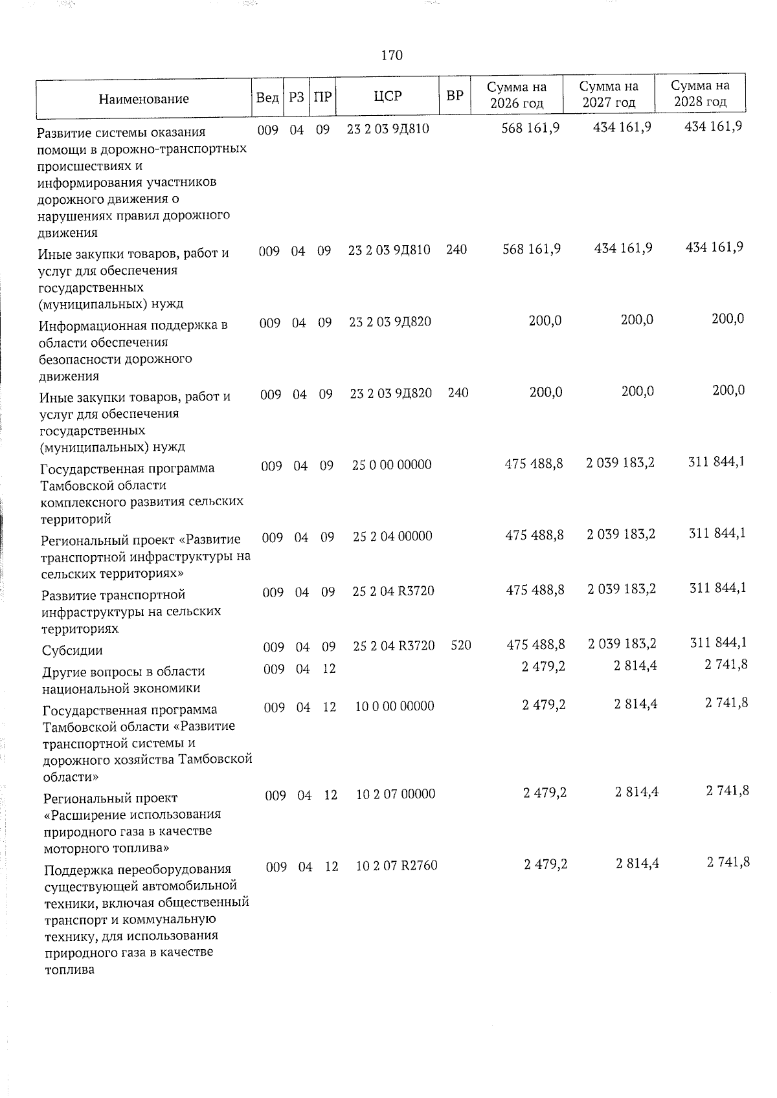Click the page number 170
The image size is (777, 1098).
tap(392, 56)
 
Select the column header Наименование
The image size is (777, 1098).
tap(144, 99)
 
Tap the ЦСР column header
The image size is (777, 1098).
tap(388, 96)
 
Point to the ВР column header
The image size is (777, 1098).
tap(455, 96)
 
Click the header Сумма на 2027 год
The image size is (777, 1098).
tap(609, 94)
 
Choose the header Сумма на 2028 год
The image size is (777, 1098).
tap(701, 94)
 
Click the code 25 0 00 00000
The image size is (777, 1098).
tap(392, 465)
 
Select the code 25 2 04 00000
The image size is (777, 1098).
tap(392, 536)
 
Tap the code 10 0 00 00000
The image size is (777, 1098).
tap(394, 706)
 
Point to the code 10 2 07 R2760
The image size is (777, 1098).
tap(396, 865)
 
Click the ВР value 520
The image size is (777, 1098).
tap(460, 645)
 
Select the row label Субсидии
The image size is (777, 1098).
tap(72, 651)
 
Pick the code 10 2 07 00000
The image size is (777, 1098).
tap(396, 794)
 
